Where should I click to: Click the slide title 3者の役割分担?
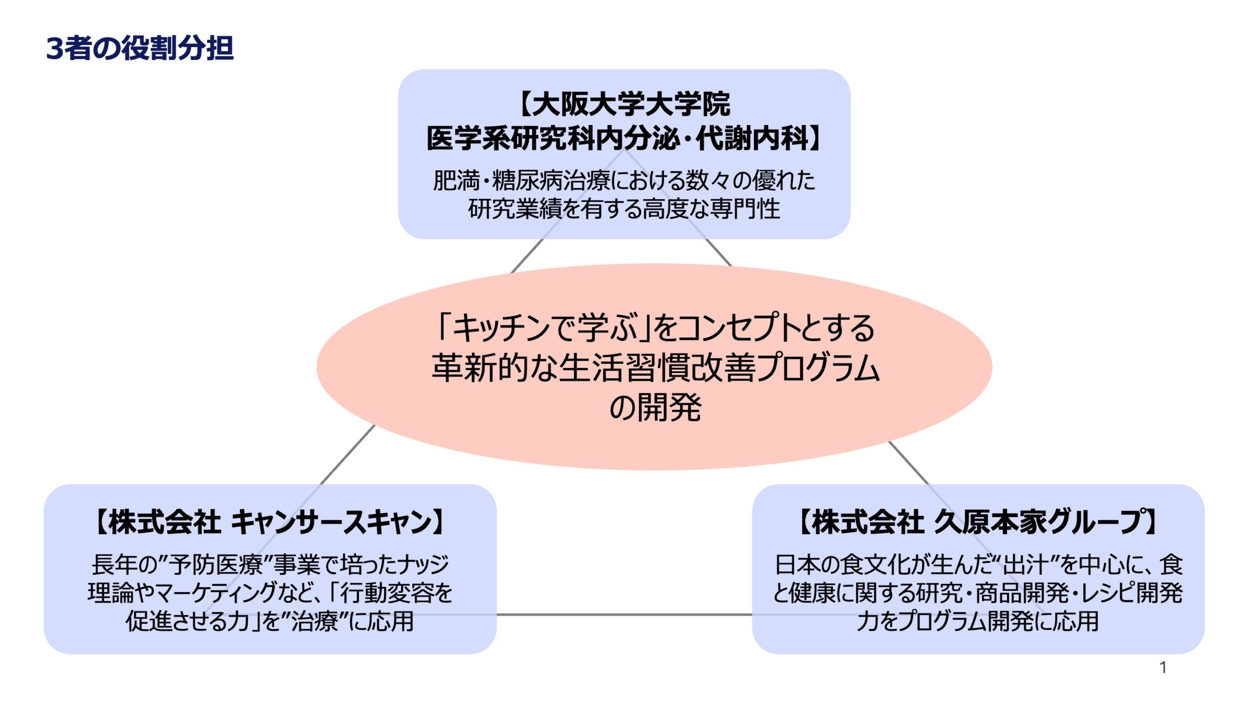pyautogui.click(x=140, y=48)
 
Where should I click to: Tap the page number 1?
pyautogui.click(x=1163, y=667)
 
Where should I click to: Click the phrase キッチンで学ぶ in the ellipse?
pyautogui.click(x=544, y=328)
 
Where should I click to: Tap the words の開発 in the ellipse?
pyautogui.click(x=655, y=408)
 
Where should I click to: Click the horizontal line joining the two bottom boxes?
pyautogui.click(x=624, y=615)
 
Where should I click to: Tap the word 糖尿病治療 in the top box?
pyautogui.click(x=551, y=181)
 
